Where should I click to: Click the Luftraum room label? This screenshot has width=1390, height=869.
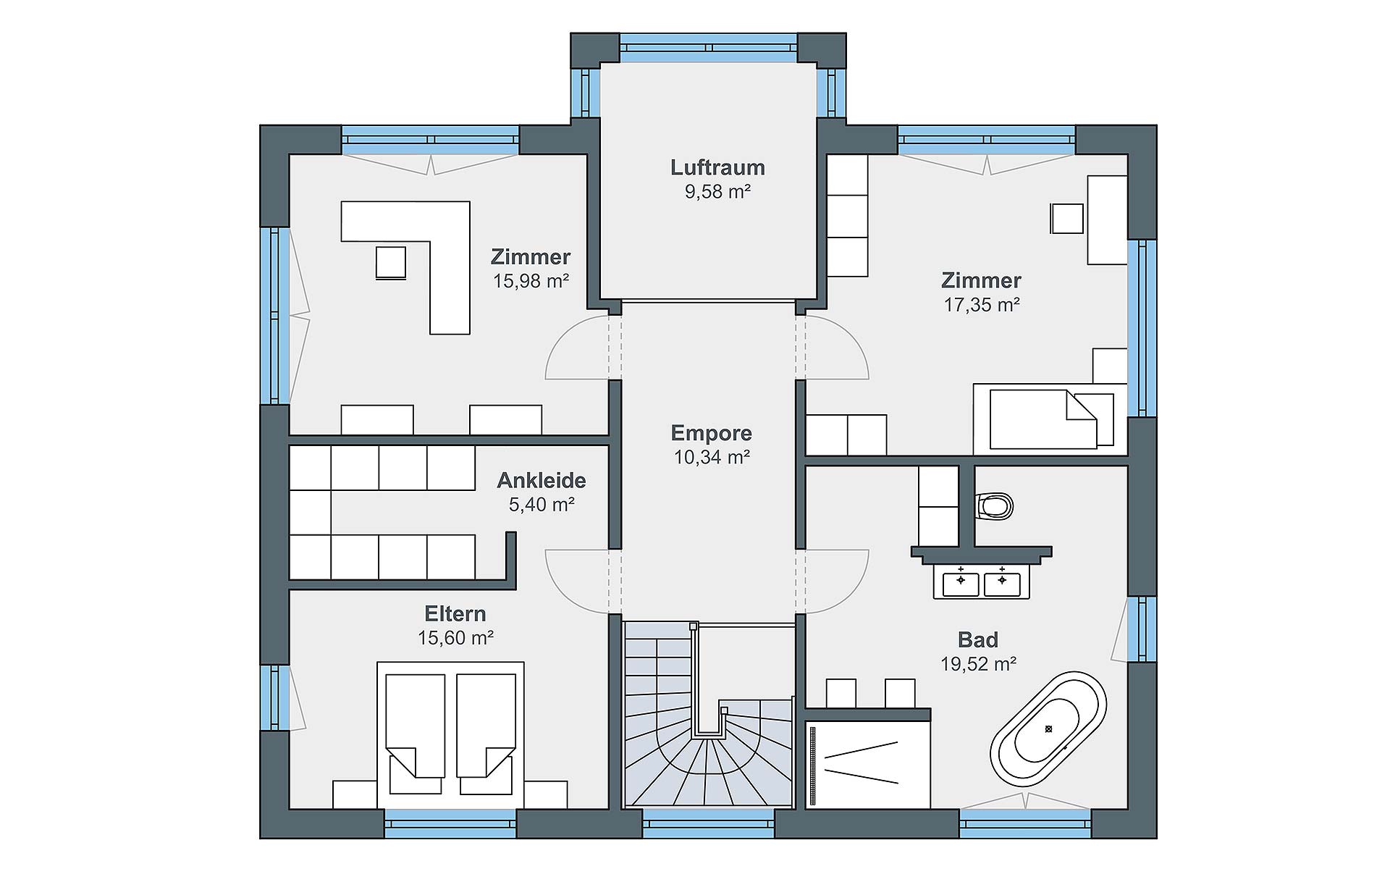pyautogui.click(x=717, y=167)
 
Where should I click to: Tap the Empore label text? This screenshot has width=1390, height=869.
pyautogui.click(x=712, y=433)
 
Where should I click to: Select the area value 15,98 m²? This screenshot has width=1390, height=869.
pyautogui.click(x=531, y=281)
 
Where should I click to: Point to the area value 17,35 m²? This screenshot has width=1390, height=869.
pyautogui.click(x=981, y=305)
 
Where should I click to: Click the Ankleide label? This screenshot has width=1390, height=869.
pyautogui.click(x=542, y=480)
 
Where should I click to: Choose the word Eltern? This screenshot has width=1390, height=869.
pyautogui.click(x=455, y=613)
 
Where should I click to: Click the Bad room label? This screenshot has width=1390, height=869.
pyautogui.click(x=978, y=639)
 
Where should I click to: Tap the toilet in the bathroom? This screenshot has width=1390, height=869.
pyautogui.click(x=994, y=506)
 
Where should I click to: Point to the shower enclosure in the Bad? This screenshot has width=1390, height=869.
pyautogui.click(x=867, y=764)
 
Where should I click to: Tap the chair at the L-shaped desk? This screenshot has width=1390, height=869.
pyautogui.click(x=391, y=263)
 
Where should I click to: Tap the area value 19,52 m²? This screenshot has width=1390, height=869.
pyautogui.click(x=978, y=663)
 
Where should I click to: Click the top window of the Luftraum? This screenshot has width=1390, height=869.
pyautogui.click(x=709, y=48)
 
